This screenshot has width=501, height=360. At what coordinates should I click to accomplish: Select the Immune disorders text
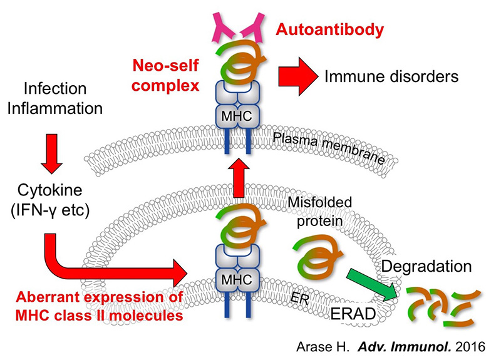pyautogui.click(x=391, y=77)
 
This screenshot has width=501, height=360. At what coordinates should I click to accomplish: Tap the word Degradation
pyautogui.click(x=426, y=265)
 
